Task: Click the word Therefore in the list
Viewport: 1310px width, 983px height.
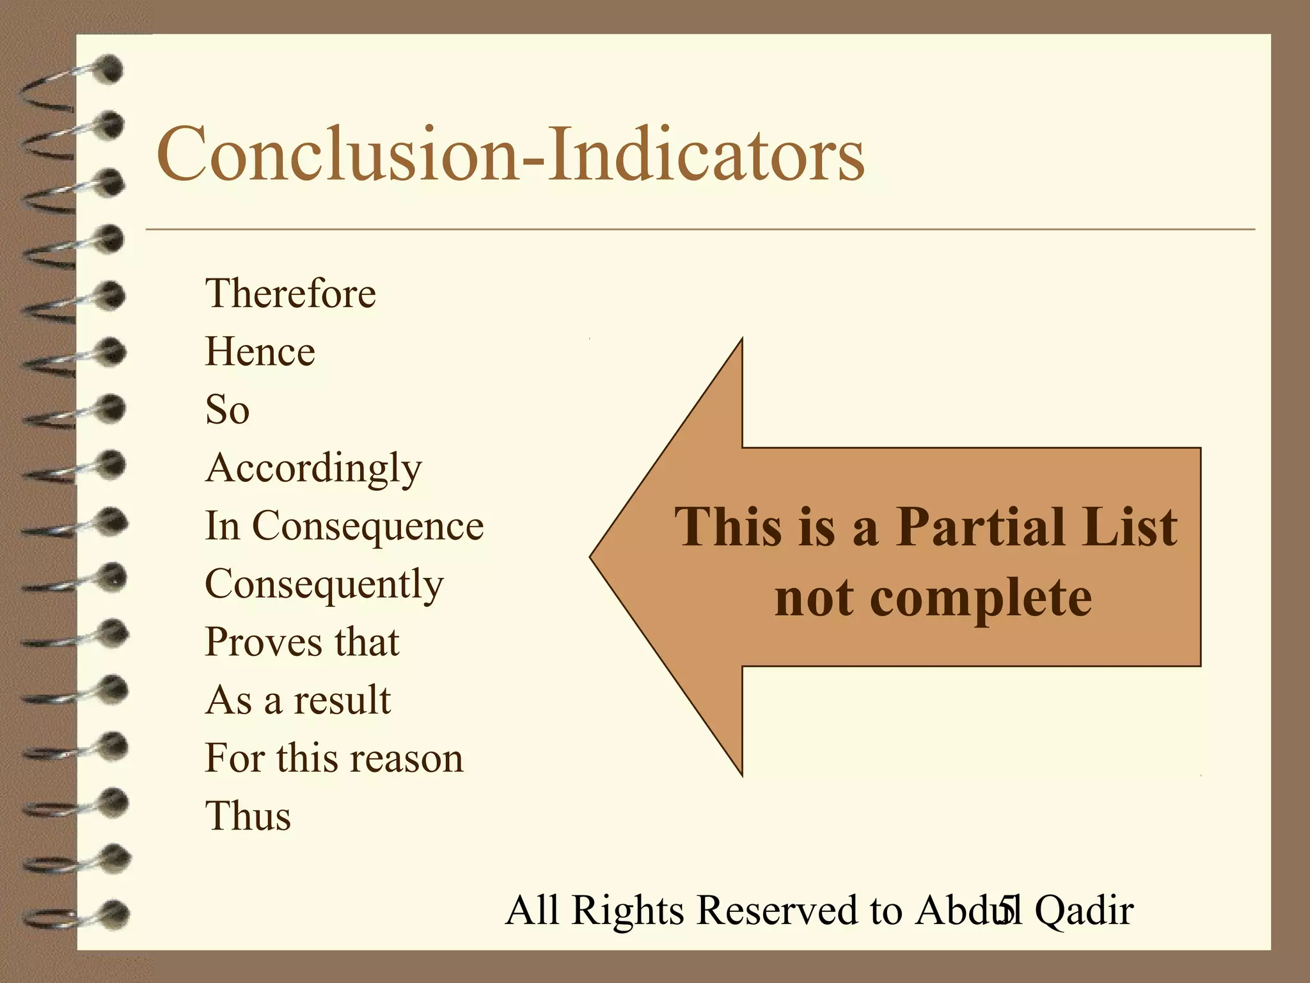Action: point(290,294)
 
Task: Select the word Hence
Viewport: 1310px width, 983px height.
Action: point(260,352)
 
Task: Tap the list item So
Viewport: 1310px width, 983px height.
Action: point(227,410)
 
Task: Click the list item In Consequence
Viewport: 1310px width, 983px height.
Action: point(344,526)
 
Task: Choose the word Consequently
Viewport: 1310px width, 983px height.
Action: point(324,584)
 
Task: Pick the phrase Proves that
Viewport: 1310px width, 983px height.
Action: point(302,642)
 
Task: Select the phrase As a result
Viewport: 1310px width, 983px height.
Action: point(297,700)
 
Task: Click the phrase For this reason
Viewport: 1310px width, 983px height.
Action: point(334,758)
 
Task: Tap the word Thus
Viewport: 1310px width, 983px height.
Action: point(248,817)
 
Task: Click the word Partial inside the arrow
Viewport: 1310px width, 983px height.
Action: point(982,527)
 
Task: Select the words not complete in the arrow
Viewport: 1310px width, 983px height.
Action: point(933,598)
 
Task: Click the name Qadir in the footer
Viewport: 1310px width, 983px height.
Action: point(1084,910)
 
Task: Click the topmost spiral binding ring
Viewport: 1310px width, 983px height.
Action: point(106,69)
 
